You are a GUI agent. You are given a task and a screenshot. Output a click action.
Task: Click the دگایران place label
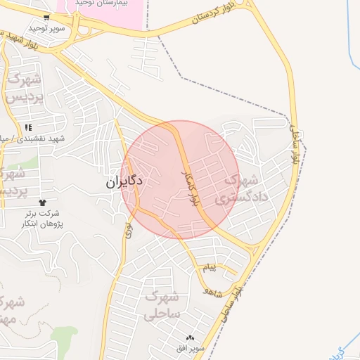[x=124, y=181]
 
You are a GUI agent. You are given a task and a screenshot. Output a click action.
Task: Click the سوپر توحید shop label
[x=46, y=29]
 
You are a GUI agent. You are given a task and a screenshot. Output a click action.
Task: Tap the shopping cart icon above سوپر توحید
[x=46, y=18]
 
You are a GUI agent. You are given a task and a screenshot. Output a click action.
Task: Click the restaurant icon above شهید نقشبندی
[x=28, y=127]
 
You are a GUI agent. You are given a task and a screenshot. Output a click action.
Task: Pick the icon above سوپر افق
[x=191, y=337]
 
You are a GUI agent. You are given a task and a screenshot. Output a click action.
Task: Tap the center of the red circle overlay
[x=181, y=179]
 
